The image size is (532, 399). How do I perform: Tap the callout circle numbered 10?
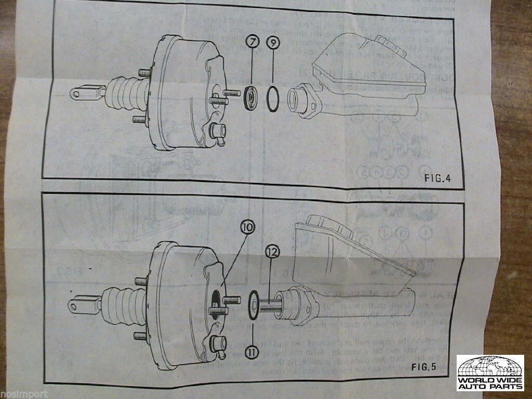[248, 228]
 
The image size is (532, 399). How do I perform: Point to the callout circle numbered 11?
[252, 353]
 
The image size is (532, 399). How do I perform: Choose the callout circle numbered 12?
[273, 252]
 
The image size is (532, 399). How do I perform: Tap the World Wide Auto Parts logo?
[490, 373]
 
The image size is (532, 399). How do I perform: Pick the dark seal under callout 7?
[251, 97]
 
